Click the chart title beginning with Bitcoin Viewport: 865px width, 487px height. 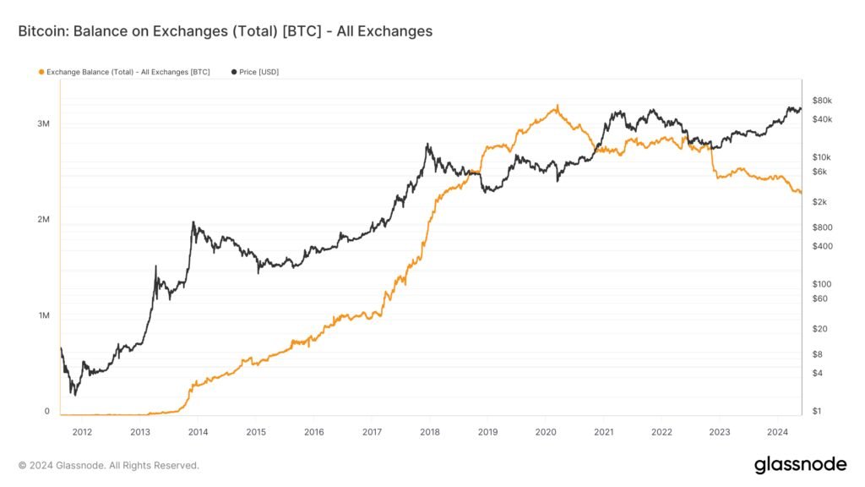(225, 31)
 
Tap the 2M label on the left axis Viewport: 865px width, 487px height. (43, 219)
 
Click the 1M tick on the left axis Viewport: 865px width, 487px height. (43, 315)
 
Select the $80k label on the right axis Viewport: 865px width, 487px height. (821, 101)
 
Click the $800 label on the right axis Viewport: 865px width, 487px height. (821, 227)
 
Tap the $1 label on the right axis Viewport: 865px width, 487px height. (816, 411)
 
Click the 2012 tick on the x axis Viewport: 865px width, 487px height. (82, 431)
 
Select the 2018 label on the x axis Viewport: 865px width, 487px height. (430, 431)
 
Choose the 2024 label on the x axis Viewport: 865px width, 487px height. (777, 431)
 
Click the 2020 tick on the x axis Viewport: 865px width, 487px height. (546, 431)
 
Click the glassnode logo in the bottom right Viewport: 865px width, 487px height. (799, 464)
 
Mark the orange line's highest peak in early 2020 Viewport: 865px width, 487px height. (557, 106)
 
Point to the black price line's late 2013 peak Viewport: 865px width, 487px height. (193, 222)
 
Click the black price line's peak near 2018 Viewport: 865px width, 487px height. (428, 145)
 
